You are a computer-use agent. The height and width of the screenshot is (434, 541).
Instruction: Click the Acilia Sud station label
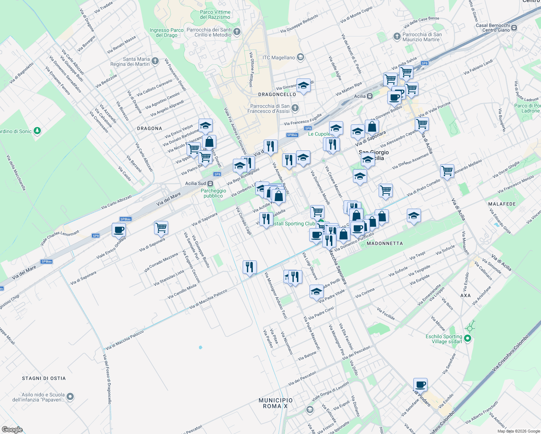(196, 184)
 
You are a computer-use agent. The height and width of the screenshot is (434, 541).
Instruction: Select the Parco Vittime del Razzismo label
(215, 14)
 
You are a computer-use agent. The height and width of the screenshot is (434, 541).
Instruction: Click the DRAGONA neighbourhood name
(150, 128)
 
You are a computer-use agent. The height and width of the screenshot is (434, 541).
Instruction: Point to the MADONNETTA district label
(385, 243)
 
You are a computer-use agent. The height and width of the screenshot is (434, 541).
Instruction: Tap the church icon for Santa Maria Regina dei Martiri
(155, 61)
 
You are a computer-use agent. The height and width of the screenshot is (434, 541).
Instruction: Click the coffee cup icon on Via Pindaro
(420, 384)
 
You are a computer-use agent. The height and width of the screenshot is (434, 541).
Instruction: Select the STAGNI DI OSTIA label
(44, 378)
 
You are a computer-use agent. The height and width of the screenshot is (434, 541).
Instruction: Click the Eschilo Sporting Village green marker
(467, 339)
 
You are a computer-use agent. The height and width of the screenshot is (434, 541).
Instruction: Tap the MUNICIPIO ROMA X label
(276, 403)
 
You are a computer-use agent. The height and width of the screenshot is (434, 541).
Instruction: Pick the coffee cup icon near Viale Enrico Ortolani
(119, 230)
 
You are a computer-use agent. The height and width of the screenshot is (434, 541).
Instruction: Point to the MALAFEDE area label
(502, 204)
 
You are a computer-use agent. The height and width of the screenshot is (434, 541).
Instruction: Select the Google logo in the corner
(12, 430)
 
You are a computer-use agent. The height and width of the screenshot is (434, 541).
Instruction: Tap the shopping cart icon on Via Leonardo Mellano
(447, 170)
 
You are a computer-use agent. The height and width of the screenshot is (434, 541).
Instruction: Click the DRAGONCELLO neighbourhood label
(277, 94)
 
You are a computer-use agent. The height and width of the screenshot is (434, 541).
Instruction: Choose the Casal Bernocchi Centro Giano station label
(493, 27)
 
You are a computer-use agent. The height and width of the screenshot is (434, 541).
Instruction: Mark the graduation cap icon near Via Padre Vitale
(316, 291)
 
